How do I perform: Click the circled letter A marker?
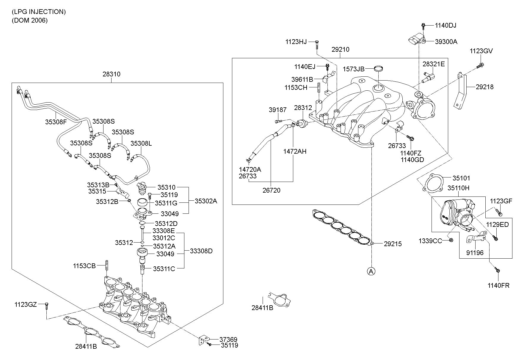[x=371, y=271]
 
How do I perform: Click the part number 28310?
[x=112, y=74]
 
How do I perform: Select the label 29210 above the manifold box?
[x=341, y=50]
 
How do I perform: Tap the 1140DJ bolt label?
[x=446, y=26]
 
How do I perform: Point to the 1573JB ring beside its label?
[x=378, y=69]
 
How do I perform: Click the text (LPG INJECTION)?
[x=39, y=12]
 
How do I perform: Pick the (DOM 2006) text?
[x=30, y=21]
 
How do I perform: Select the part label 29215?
[x=393, y=244]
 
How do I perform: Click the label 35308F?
[x=56, y=122]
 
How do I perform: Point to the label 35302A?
[x=206, y=201]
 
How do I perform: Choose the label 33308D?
[x=201, y=251]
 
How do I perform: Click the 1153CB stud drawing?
[x=106, y=265]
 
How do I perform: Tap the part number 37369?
[x=228, y=339]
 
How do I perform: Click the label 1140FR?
[x=498, y=286]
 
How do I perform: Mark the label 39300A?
[x=446, y=42]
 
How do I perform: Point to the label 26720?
[x=271, y=190]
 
